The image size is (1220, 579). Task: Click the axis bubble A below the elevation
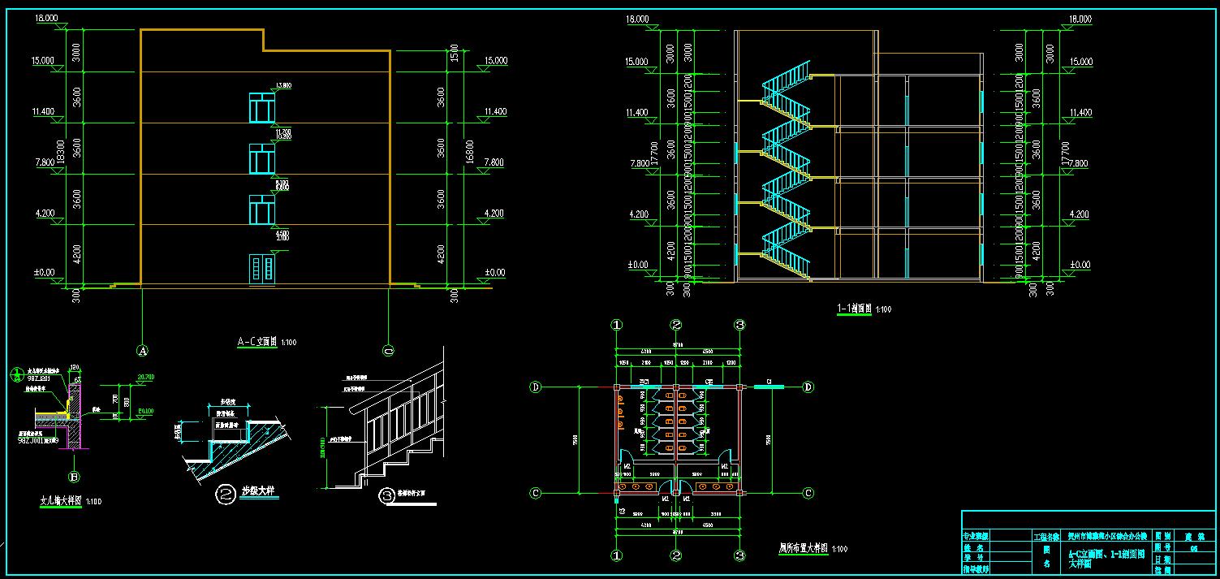(143, 351)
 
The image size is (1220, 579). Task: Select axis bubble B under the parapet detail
(75, 477)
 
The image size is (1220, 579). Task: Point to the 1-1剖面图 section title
(853, 309)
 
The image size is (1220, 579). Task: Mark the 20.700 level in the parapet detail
(147, 378)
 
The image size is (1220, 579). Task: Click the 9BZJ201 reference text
(38, 378)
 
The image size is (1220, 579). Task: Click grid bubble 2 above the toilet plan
(676, 325)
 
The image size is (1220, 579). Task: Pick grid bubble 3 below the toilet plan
(739, 556)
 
